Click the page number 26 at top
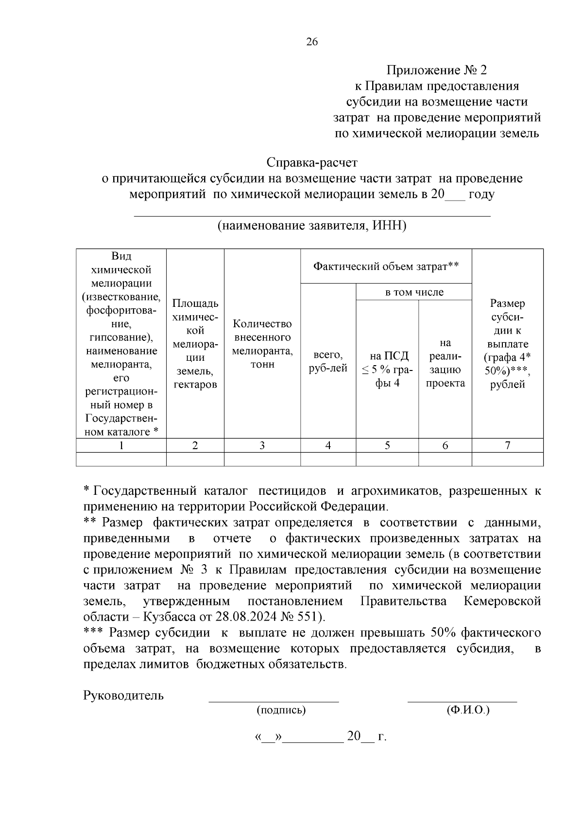pyautogui.click(x=312, y=42)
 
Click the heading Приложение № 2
pyautogui.click(x=436, y=70)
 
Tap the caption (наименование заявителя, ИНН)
pyautogui.click(x=312, y=226)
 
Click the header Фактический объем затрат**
pyautogui.click(x=386, y=266)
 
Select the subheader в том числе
pyautogui.click(x=414, y=292)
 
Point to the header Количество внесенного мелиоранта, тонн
pyautogui.click(x=262, y=344)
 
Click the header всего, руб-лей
pyautogui.click(x=328, y=361)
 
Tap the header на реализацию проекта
pyautogui.click(x=445, y=363)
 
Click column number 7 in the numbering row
pyautogui.click(x=507, y=445)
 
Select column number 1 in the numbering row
pyautogui.click(x=121, y=445)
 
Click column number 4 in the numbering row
pyautogui.click(x=328, y=445)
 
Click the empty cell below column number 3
pyautogui.click(x=262, y=459)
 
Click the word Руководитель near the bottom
pyautogui.click(x=123, y=695)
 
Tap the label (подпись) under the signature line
pyautogui.click(x=281, y=710)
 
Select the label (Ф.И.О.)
pyautogui.click(x=468, y=710)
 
